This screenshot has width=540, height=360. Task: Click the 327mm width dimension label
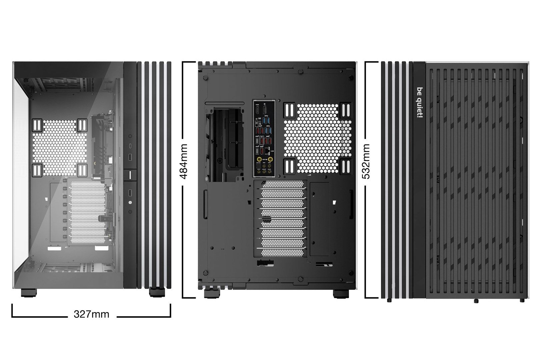point(91,314)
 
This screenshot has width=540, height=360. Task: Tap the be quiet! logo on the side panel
point(419,103)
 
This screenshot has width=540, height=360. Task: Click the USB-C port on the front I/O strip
point(130,146)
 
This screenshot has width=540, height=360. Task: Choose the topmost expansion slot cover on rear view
point(283,185)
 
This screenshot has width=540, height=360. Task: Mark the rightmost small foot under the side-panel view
point(521,300)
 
